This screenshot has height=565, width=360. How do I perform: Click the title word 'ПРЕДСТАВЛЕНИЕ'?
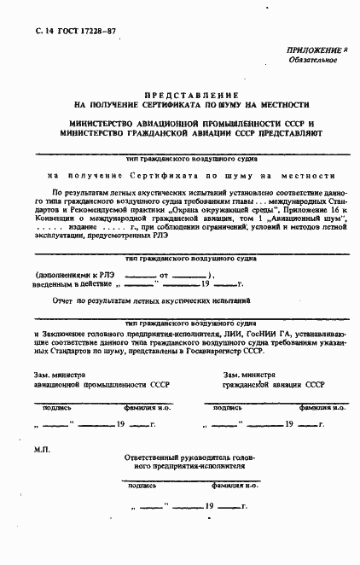click(x=191, y=95)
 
